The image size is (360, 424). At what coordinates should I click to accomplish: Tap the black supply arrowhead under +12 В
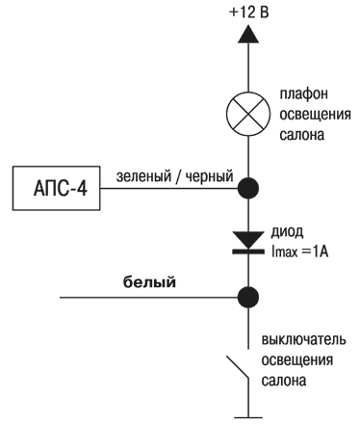click(249, 36)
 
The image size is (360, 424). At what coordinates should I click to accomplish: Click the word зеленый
click(141, 177)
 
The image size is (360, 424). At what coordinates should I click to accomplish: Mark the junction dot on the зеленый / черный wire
click(249, 187)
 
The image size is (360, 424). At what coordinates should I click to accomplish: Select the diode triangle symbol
click(249, 236)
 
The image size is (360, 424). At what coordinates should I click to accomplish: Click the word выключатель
click(306, 341)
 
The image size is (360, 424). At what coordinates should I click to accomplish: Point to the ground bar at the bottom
click(249, 416)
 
